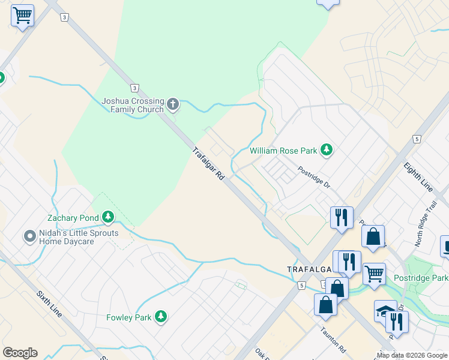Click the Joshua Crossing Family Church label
[x=132, y=105]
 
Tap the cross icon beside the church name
[x=173, y=105]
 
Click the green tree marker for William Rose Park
[x=327, y=149]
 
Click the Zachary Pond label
[x=74, y=217]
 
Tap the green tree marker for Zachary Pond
[x=108, y=216]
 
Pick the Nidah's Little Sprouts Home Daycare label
[x=79, y=237]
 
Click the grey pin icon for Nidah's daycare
[x=29, y=236]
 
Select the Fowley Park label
[x=128, y=317]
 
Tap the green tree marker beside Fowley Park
[x=160, y=316]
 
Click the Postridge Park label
[x=421, y=278]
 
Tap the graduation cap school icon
[x=384, y=310]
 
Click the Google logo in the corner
[x=20, y=353]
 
